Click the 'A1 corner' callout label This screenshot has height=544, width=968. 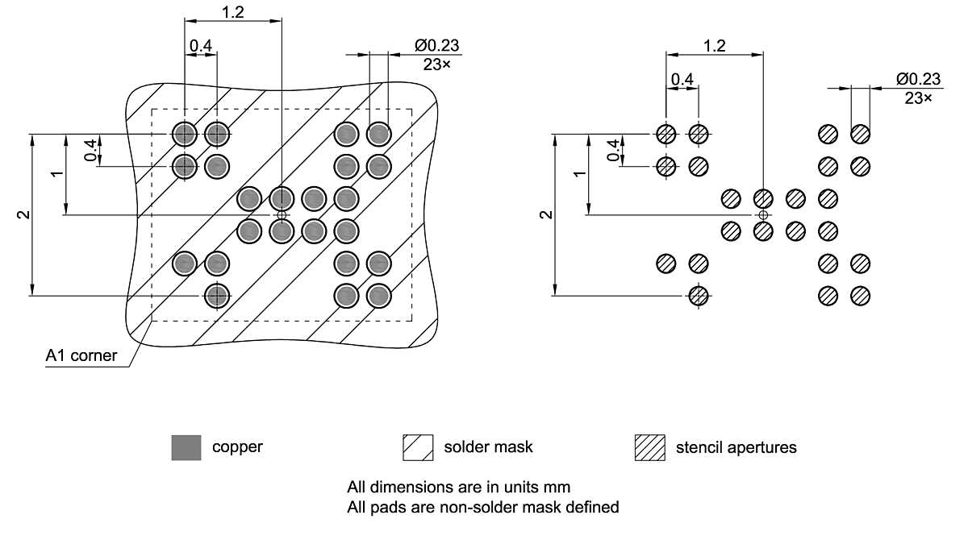pyautogui.click(x=81, y=355)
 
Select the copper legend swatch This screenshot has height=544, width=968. pyautogui.click(x=186, y=447)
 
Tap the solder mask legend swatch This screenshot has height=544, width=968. pyautogui.click(x=418, y=447)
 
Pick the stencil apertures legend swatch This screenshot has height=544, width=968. pyautogui.click(x=650, y=447)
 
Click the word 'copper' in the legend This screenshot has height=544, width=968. pyautogui.click(x=237, y=446)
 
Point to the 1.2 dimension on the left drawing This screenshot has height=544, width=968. pyautogui.click(x=232, y=12)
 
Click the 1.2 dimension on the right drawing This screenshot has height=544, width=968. pyautogui.click(x=714, y=45)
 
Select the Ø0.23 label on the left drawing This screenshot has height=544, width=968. pyautogui.click(x=437, y=46)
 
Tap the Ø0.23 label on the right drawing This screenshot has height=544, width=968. pyautogui.click(x=918, y=79)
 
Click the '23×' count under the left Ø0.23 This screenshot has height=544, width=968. pyautogui.click(x=437, y=64)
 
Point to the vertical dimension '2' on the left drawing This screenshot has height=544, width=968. pyautogui.click(x=24, y=214)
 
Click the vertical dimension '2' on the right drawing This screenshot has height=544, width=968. pyautogui.click(x=547, y=214)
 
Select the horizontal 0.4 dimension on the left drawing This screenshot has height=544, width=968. pyautogui.click(x=201, y=46)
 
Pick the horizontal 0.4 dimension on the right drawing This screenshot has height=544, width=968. pyautogui.click(x=682, y=79)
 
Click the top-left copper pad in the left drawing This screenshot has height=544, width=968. pyautogui.click(x=185, y=133)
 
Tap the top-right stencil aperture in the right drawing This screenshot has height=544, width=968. pyautogui.click(x=860, y=134)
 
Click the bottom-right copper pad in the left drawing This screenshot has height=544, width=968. pyautogui.click(x=378, y=296)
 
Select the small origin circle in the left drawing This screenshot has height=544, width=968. pyautogui.click(x=281, y=215)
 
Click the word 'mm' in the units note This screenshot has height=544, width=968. pyautogui.click(x=559, y=487)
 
